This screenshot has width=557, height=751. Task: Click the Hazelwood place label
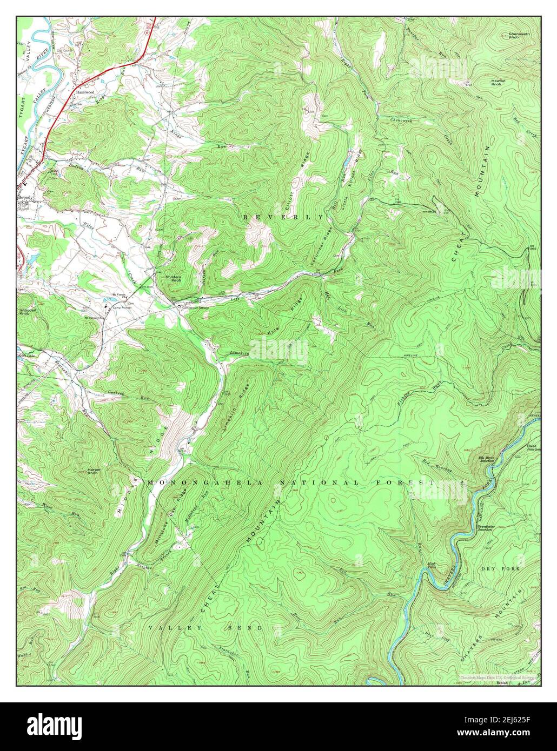[85, 77]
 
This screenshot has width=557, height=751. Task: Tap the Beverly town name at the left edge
[25, 198]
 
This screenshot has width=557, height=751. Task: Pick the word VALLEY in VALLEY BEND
[175, 628]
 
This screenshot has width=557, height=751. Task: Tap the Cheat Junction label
[533, 447]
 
